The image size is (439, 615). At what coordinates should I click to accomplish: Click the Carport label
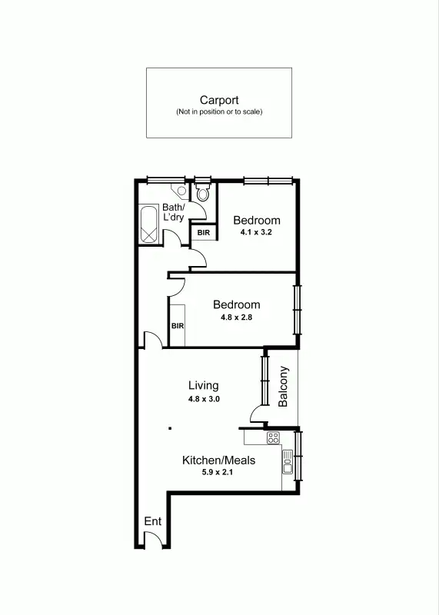219,100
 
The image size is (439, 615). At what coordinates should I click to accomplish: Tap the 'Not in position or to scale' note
219,112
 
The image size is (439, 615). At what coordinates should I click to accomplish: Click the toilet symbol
202,193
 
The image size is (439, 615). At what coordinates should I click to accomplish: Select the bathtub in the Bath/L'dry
149,225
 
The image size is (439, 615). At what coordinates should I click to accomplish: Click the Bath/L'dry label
172,212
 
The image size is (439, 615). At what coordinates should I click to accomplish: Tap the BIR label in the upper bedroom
204,232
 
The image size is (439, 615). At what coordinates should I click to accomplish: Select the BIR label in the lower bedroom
178,326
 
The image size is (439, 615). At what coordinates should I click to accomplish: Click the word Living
204,386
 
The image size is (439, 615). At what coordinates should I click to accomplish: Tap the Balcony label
283,386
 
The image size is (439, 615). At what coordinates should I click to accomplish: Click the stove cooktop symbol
272,438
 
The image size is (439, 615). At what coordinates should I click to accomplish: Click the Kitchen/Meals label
218,460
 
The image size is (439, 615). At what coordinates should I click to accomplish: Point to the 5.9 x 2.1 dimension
218,474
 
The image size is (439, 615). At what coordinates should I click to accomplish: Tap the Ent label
153,521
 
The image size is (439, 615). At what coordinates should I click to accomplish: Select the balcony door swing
255,415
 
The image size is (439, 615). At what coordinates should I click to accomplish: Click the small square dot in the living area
170,428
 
